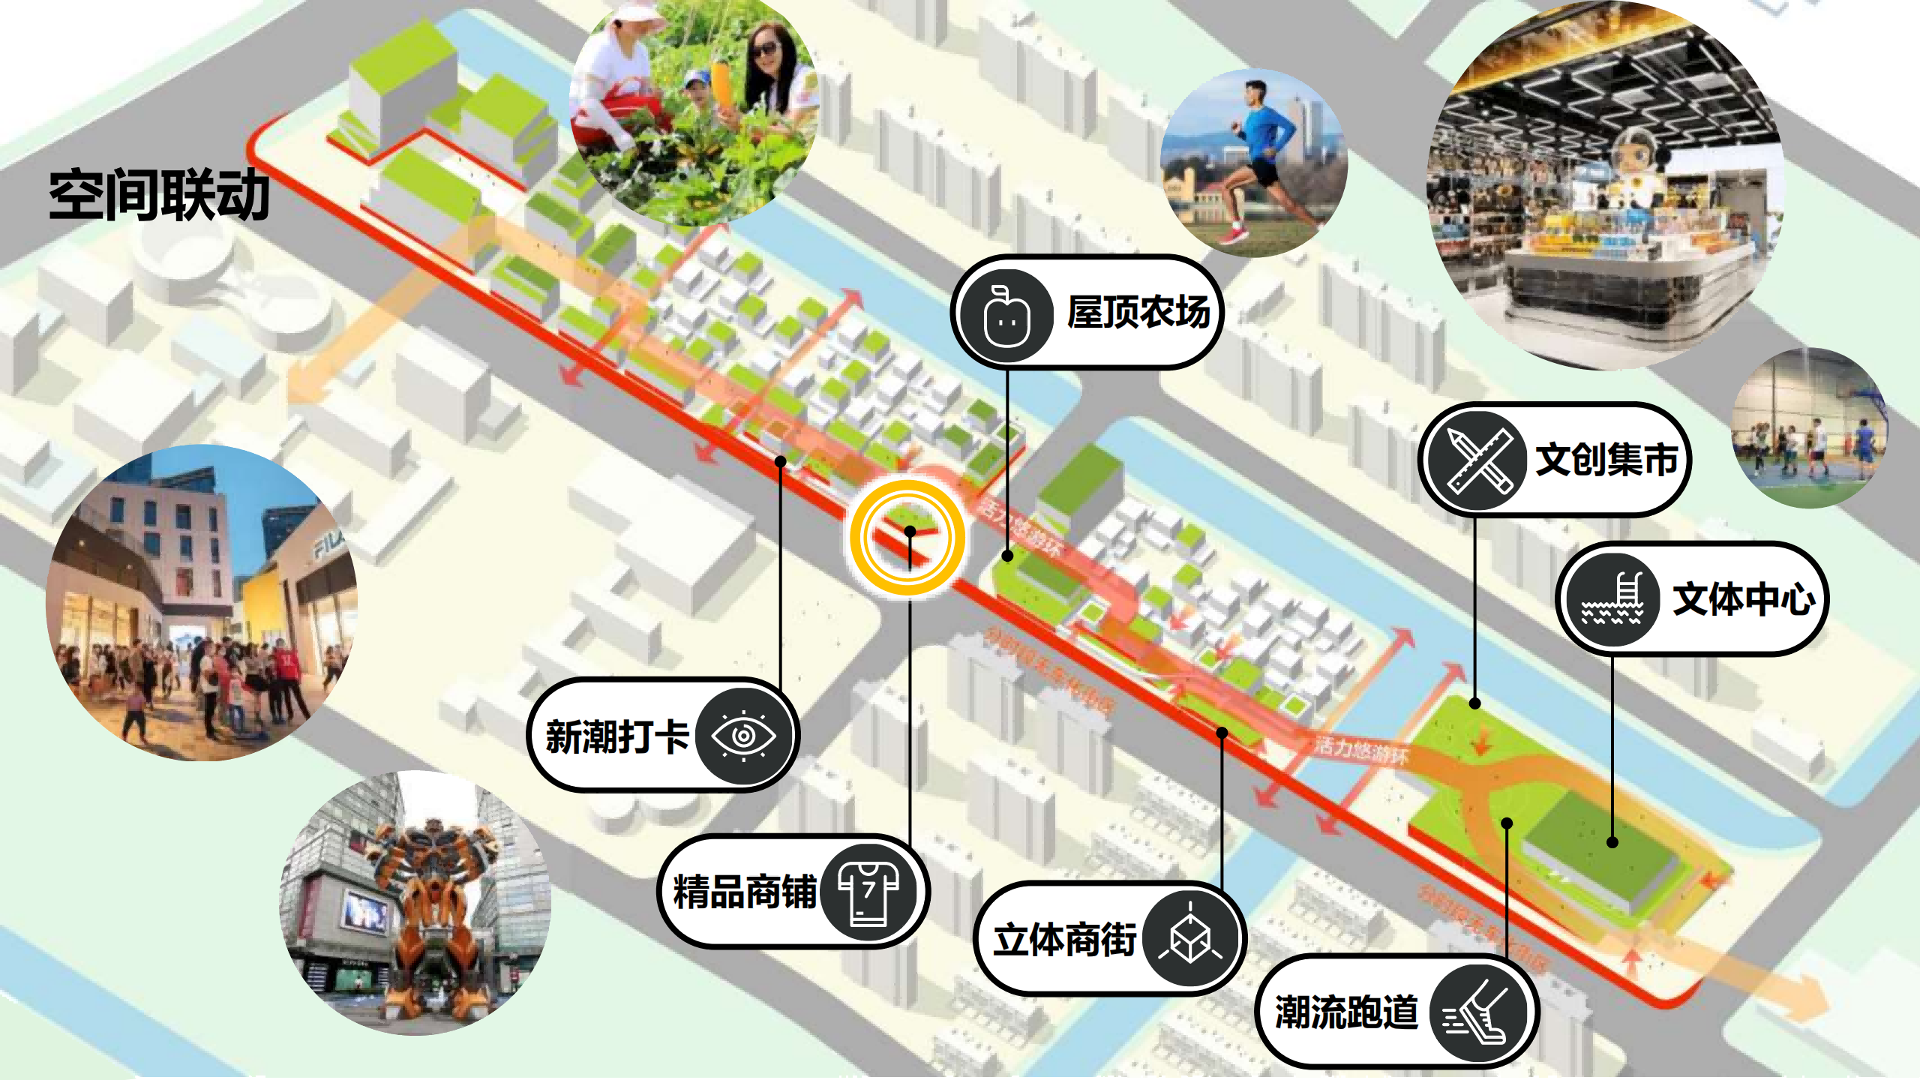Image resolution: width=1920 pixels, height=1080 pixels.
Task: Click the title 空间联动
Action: (159, 195)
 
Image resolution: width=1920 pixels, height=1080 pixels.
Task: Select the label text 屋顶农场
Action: (1138, 312)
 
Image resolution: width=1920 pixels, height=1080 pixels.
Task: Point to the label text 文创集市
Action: (1606, 459)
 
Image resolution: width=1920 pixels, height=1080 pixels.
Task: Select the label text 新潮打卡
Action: (616, 736)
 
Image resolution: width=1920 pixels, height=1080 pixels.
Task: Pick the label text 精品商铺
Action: (744, 892)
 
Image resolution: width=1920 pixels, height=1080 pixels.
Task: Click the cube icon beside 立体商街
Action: (1190, 939)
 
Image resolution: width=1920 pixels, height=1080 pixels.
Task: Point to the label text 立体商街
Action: (1065, 940)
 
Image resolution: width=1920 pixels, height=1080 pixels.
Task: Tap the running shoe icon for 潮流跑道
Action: (1477, 1012)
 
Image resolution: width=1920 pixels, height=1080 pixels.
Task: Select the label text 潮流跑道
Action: (1347, 1012)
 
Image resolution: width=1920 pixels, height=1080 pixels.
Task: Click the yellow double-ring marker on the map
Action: (908, 537)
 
